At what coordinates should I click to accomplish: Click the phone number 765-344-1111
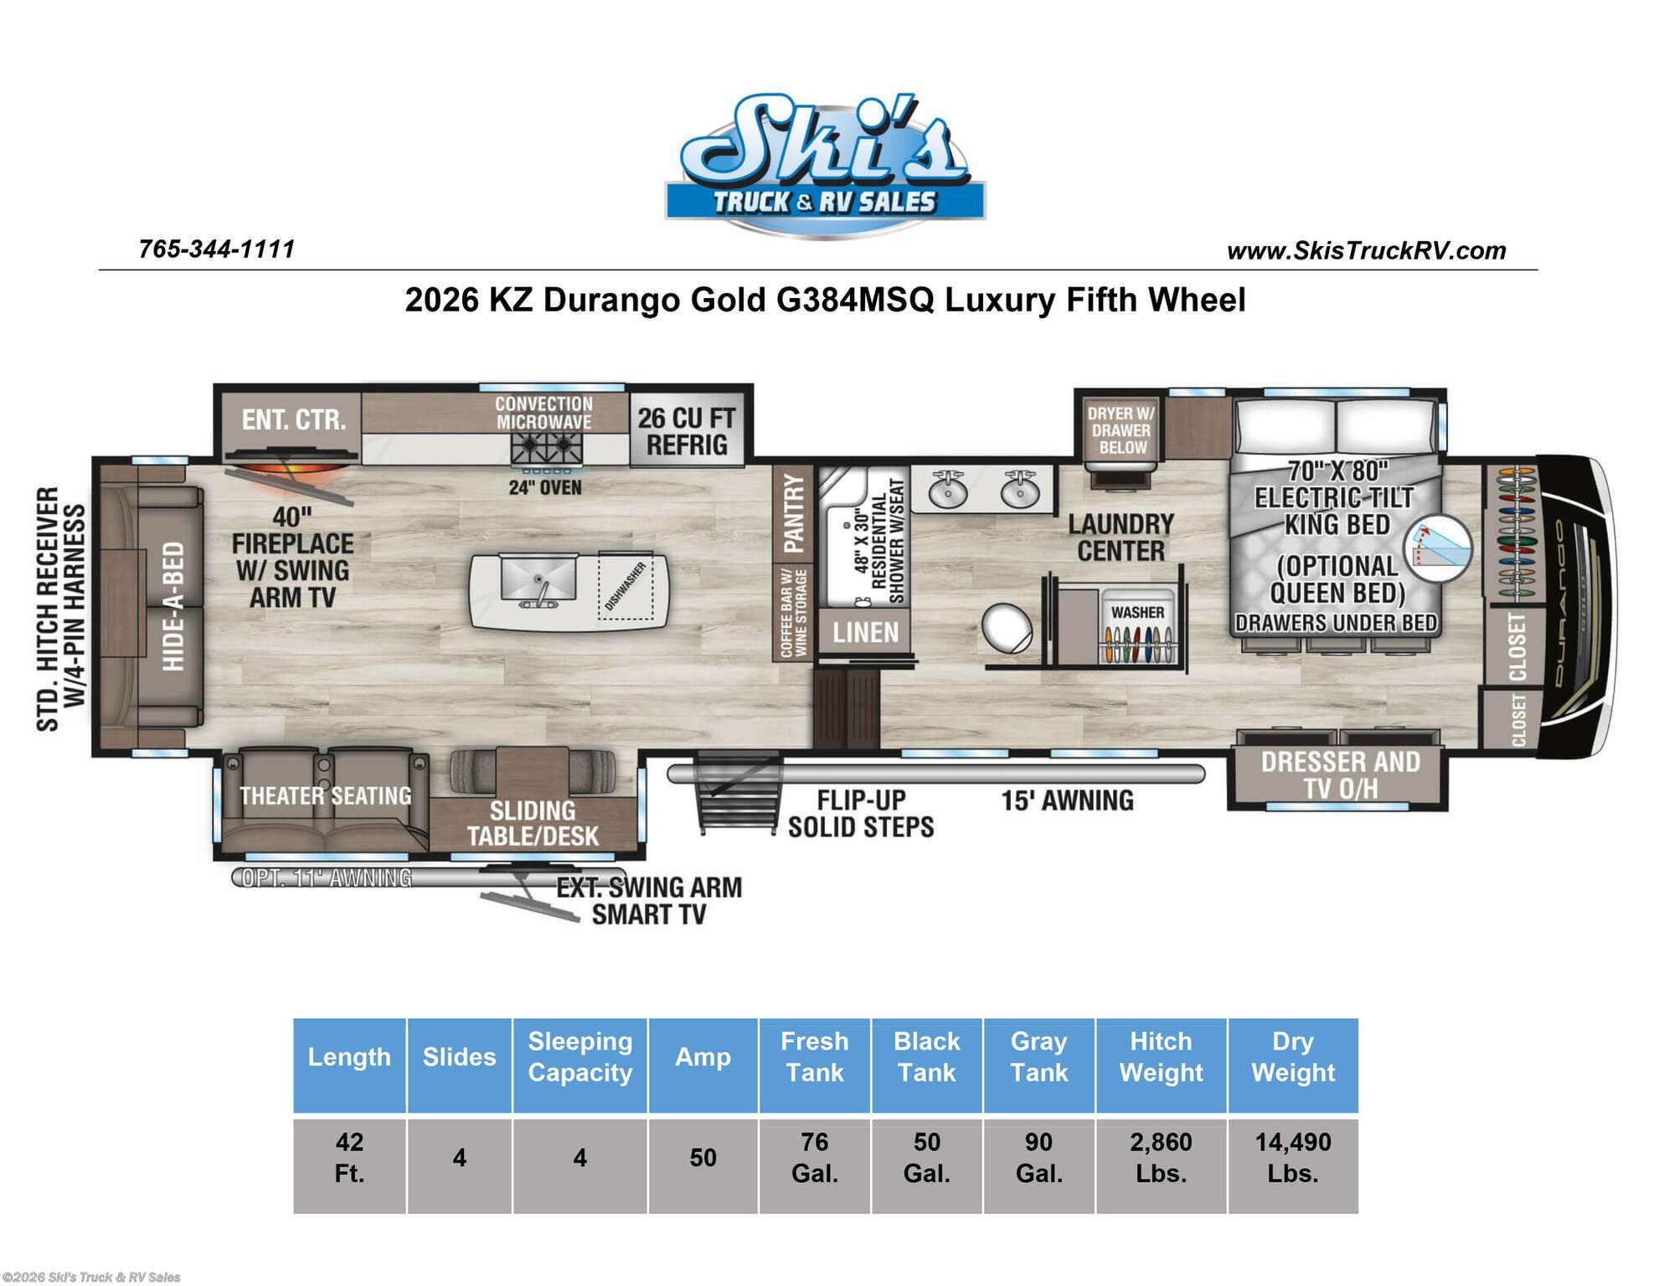click(x=217, y=249)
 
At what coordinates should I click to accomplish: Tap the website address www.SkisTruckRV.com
click(x=1366, y=250)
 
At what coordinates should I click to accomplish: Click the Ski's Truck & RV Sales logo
click(x=825, y=166)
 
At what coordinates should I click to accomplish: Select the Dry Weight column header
click(x=1293, y=1057)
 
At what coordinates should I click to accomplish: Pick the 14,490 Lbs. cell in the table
click(x=1293, y=1158)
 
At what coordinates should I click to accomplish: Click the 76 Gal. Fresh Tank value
click(x=814, y=1158)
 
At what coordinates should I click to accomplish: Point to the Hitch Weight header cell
click(x=1161, y=1057)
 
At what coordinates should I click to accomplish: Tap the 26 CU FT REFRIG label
click(x=687, y=431)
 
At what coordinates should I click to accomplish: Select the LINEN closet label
click(x=865, y=633)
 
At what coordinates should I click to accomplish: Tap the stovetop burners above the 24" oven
click(x=547, y=449)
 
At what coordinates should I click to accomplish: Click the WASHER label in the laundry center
click(x=1137, y=613)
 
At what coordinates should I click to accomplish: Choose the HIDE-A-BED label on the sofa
click(x=173, y=606)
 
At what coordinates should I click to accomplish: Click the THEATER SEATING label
click(x=326, y=795)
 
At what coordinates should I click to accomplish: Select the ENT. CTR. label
click(x=294, y=419)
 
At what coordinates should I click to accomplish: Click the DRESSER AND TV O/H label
click(x=1340, y=774)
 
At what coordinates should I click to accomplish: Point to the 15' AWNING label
click(x=1067, y=800)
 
